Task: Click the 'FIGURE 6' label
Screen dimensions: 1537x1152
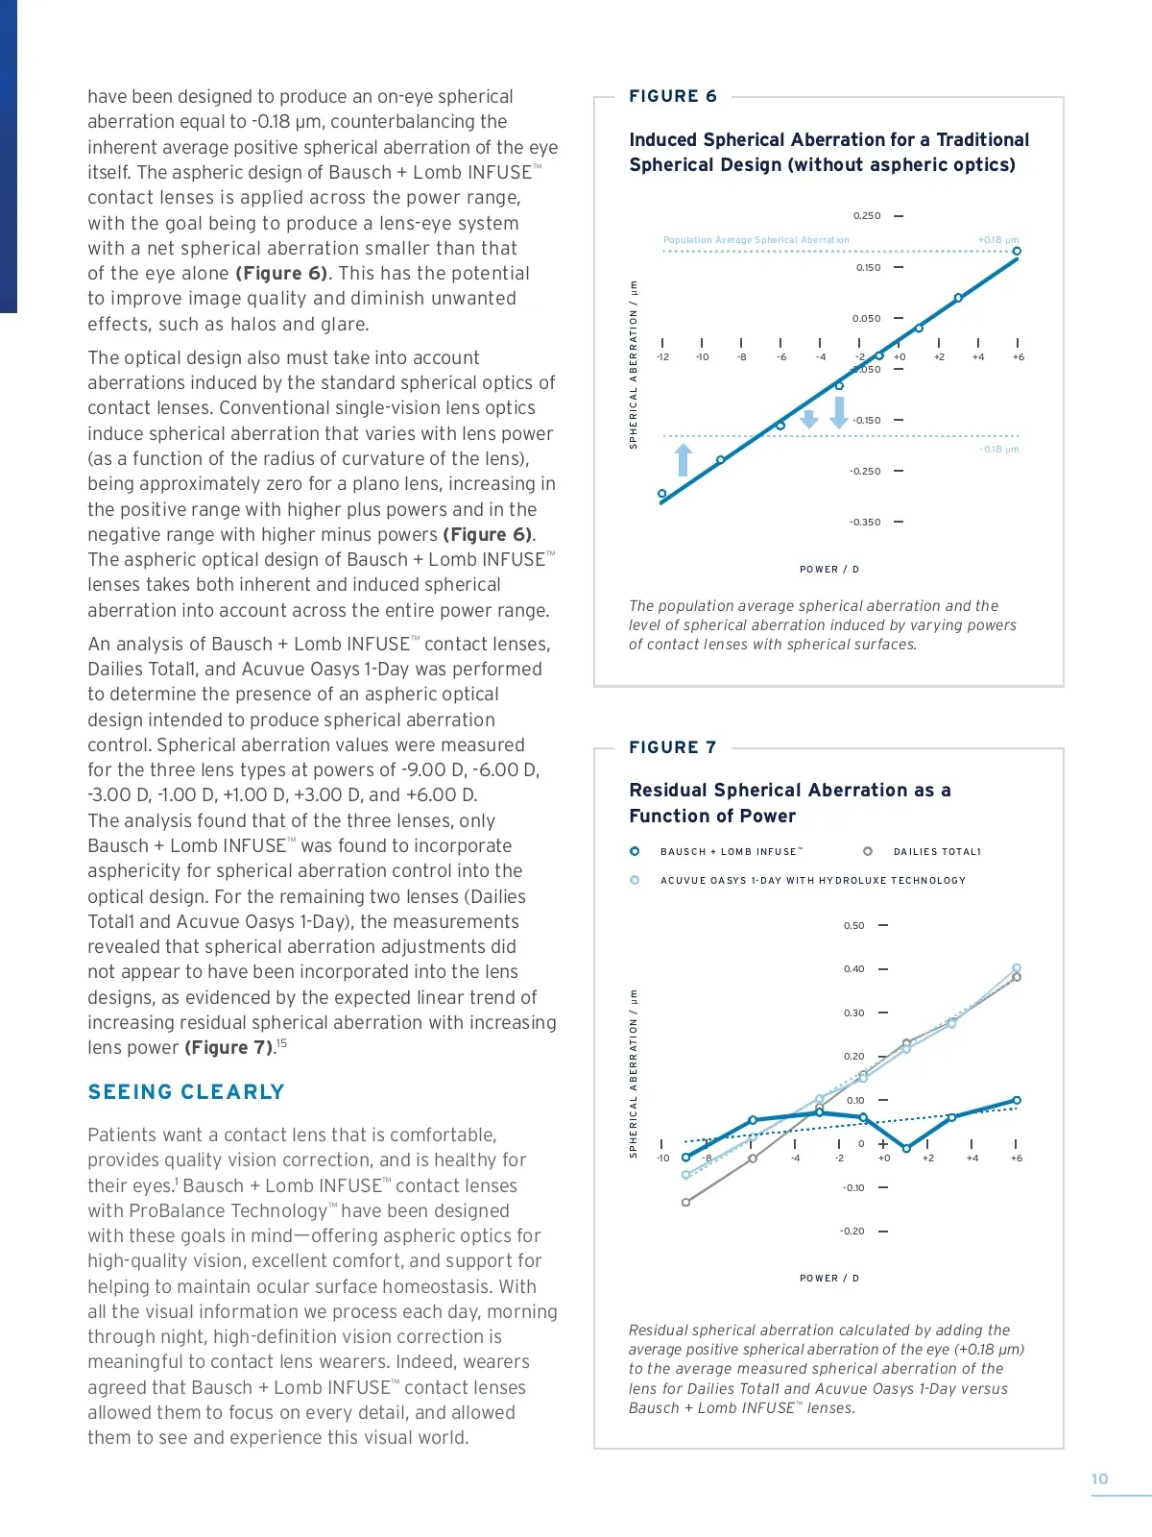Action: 672,96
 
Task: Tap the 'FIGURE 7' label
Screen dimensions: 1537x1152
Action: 672,747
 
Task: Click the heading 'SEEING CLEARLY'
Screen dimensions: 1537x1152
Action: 186,1092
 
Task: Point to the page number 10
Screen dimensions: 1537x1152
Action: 1099,1479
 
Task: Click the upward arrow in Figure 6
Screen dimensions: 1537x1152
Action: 683,460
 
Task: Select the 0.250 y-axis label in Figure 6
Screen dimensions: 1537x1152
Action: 866,216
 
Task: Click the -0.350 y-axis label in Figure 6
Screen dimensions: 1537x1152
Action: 864,523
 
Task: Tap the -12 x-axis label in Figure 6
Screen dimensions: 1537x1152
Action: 662,357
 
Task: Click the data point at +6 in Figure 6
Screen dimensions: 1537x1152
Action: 1017,252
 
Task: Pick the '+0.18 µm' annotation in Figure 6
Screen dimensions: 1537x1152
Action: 998,240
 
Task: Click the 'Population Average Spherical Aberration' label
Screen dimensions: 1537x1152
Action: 756,240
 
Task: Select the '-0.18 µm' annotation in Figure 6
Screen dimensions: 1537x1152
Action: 999,450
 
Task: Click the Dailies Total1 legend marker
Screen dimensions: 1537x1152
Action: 868,851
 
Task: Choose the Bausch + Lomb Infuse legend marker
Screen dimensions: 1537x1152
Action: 635,851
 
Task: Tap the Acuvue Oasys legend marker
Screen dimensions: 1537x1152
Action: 635,880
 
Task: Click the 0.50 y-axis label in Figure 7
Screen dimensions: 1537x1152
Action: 853,926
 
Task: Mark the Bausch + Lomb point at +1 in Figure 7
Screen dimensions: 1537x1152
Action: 906,1148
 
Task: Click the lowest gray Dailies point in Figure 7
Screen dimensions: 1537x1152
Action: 685,1202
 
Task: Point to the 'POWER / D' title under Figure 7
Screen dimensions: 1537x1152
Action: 829,1279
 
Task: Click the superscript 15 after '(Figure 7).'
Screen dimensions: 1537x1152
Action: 282,1043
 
